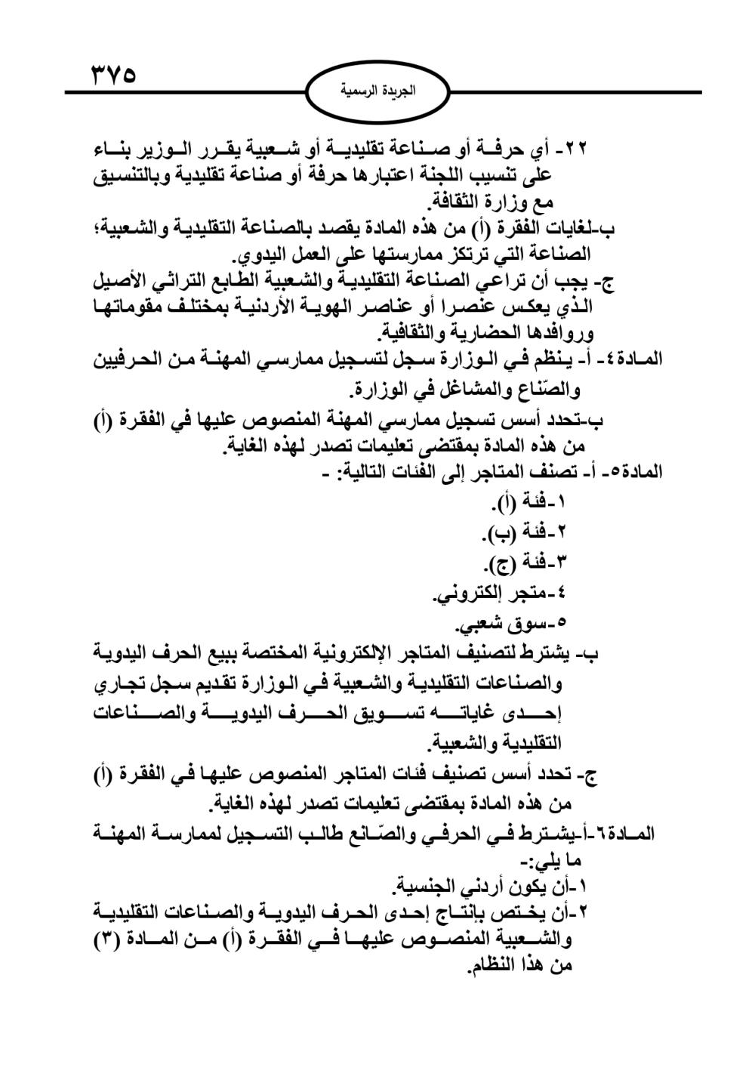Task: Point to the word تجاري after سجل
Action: (x=120, y=684)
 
